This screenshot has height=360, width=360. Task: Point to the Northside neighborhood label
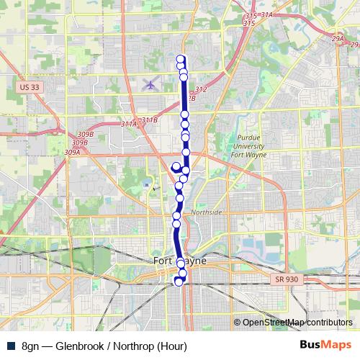click(207, 213)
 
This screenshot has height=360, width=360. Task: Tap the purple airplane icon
click(150, 84)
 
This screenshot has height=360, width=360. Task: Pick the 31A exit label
click(267, 14)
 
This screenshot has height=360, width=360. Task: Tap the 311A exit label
click(129, 124)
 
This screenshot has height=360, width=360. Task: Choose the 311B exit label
click(149, 120)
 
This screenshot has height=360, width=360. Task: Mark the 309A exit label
click(72, 153)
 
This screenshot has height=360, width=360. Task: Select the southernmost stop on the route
click(178, 282)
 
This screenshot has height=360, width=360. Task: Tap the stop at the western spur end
click(176, 166)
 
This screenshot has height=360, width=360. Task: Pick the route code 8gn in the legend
click(30, 346)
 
